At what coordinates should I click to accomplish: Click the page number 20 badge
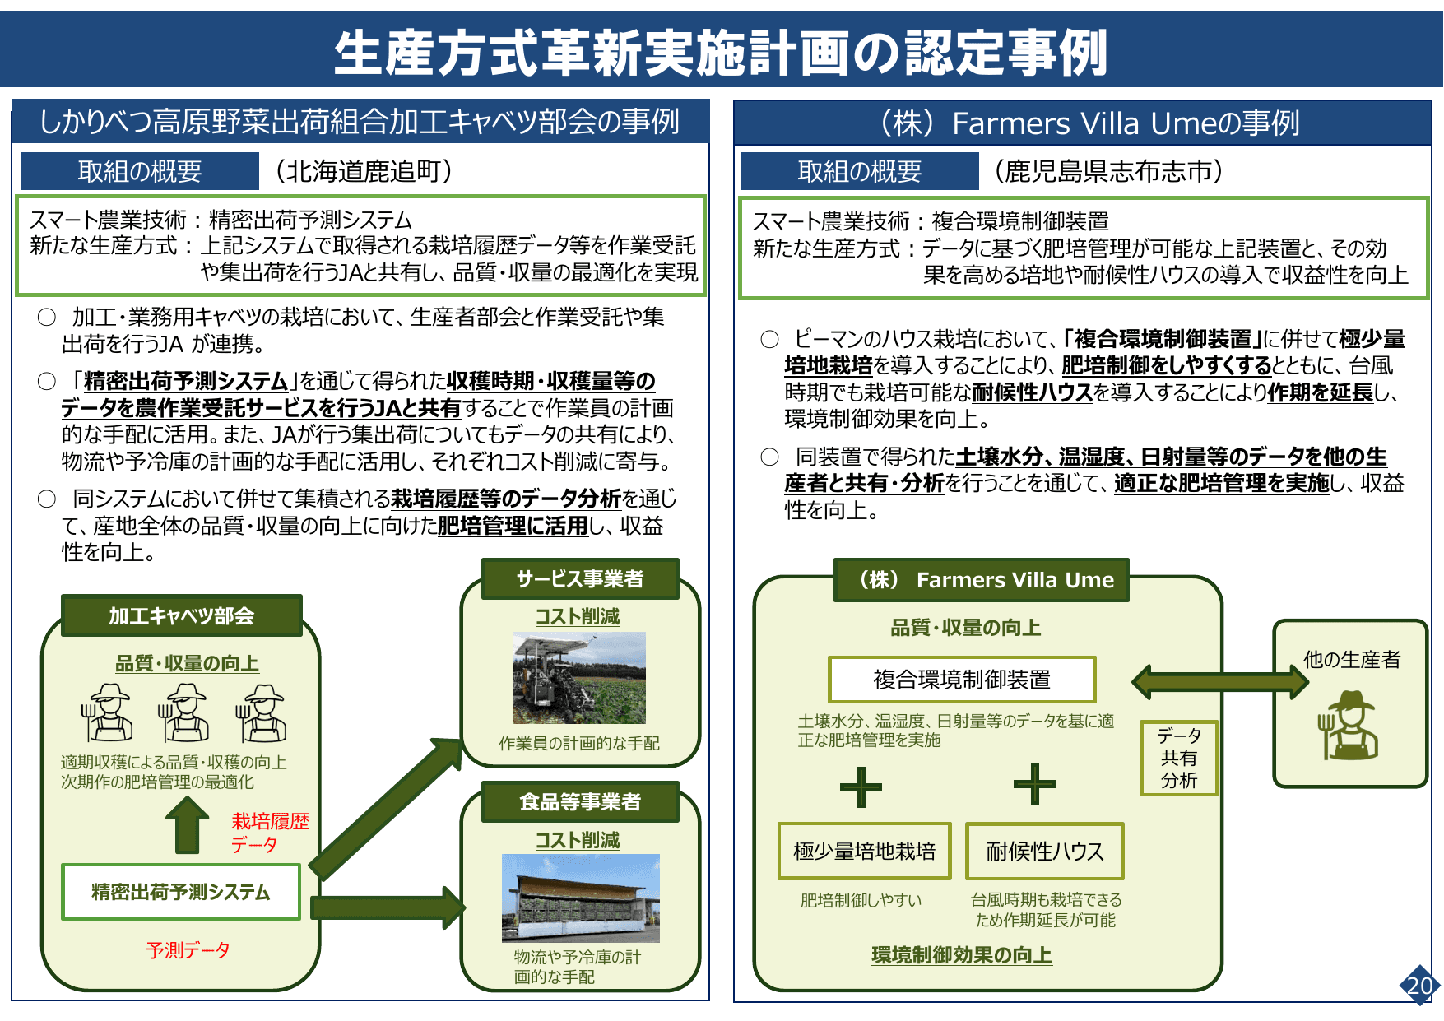1419,985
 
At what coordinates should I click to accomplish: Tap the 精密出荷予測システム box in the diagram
181,892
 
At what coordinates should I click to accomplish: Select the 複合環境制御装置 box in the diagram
962,680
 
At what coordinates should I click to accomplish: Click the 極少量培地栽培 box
865,851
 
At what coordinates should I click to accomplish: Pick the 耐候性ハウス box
1044,851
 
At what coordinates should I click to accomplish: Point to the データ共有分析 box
1178,758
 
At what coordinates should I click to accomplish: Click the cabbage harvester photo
579,678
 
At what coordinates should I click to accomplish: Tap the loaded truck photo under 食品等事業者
581,898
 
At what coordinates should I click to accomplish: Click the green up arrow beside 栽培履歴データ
188,825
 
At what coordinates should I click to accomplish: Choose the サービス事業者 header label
580,579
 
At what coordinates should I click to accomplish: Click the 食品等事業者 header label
580,801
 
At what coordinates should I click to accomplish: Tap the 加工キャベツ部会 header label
182,616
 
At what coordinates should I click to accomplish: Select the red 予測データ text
188,950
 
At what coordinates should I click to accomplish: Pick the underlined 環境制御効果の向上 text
962,955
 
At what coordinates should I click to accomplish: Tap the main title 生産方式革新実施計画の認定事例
721,51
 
